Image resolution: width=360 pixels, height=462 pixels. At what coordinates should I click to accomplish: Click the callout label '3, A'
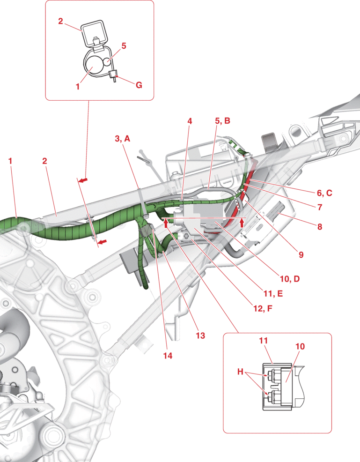click(x=123, y=139)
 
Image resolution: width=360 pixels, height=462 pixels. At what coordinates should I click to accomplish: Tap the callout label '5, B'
click(x=223, y=121)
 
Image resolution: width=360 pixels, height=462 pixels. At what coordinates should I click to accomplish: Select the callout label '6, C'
click(x=324, y=193)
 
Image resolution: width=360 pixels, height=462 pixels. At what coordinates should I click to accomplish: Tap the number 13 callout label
click(x=200, y=335)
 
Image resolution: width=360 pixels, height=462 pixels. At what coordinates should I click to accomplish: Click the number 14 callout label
click(x=168, y=356)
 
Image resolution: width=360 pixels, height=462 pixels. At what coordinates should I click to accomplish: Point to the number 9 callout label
click(x=301, y=255)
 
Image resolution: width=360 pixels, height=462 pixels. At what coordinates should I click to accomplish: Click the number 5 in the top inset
click(x=124, y=46)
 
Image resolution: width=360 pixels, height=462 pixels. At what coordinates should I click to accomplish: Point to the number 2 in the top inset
click(x=60, y=21)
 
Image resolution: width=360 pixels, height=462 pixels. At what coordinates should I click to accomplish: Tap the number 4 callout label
click(x=190, y=121)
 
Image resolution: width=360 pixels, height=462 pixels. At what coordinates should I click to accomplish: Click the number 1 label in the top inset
click(x=78, y=87)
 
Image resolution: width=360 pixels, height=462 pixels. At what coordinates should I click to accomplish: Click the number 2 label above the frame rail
click(x=44, y=161)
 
